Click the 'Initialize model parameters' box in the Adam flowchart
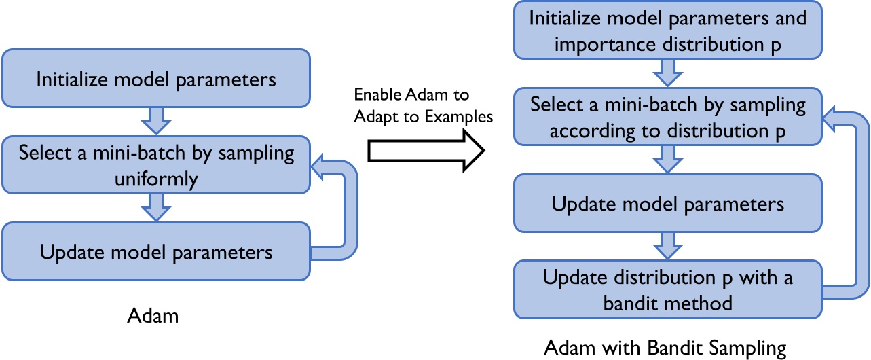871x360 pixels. coord(156,79)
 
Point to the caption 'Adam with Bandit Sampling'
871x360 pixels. coord(665,348)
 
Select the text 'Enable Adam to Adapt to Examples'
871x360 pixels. coord(422,105)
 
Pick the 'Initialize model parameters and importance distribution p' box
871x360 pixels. coord(668,31)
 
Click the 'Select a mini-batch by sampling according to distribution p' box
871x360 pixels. coord(668,117)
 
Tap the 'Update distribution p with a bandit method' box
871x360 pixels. coord(668,289)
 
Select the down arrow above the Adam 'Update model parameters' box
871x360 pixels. coord(156,206)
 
